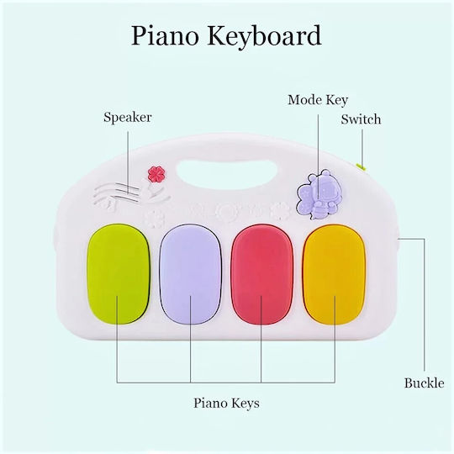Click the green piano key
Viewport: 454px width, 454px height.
click(119, 273)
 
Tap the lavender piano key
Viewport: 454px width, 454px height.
click(190, 274)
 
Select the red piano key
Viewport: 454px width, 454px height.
click(262, 274)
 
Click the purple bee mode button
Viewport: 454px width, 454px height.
click(319, 193)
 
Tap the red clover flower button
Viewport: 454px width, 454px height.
click(156, 175)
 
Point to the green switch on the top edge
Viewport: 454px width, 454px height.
click(362, 166)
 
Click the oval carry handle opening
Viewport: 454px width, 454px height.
click(227, 173)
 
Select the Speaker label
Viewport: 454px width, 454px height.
click(128, 117)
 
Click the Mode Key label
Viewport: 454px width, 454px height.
click(318, 100)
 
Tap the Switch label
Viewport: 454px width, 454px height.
click(361, 119)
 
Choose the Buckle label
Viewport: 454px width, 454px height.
click(424, 383)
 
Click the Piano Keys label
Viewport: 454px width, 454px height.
click(226, 403)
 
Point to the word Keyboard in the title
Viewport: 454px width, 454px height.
click(264, 35)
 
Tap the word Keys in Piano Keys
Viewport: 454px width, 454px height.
click(244, 404)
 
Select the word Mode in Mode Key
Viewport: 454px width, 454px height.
click(305, 100)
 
